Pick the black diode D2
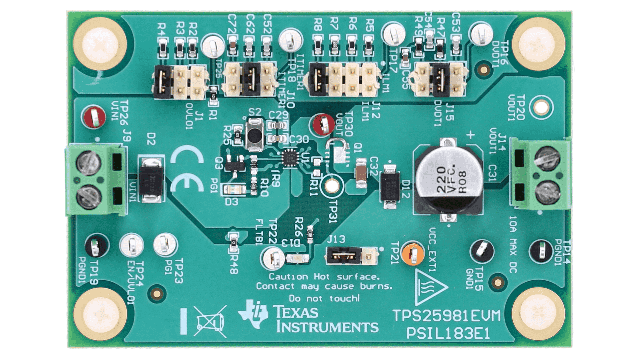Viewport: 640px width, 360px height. [151, 179]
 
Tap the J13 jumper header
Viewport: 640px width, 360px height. [350, 256]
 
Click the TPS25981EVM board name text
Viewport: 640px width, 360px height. [446, 316]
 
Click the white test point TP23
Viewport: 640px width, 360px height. [165, 245]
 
